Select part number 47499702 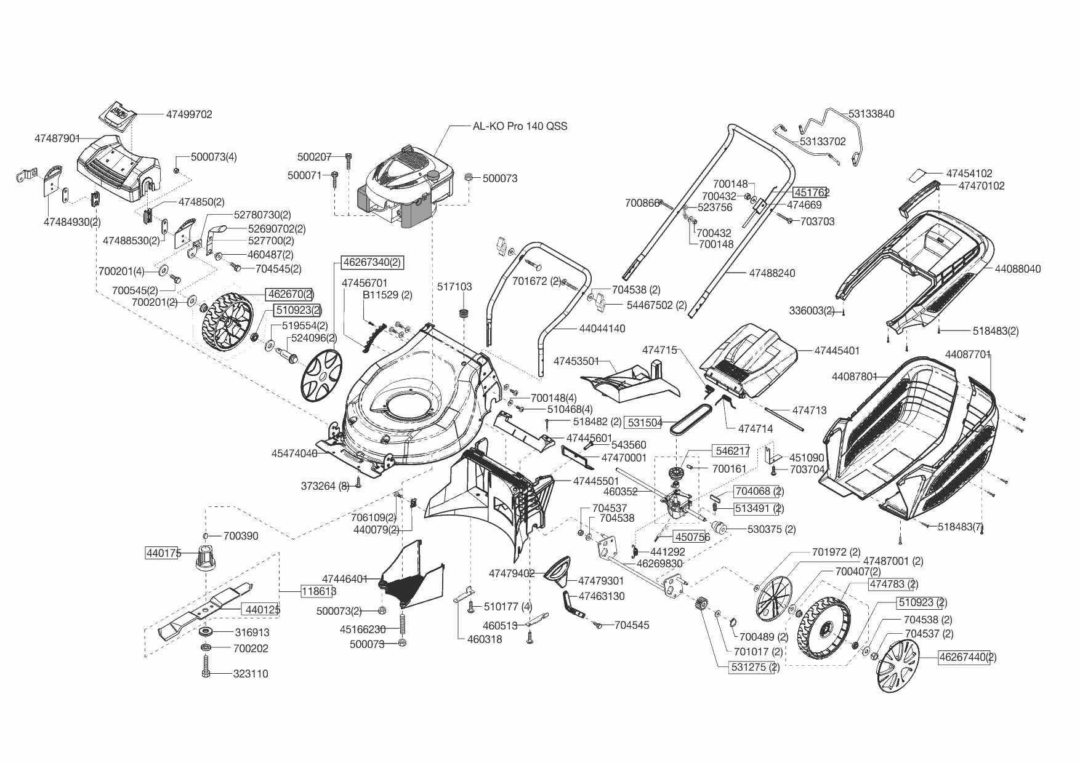coord(189,114)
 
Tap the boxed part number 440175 coord(163,553)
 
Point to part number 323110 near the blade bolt coord(251,674)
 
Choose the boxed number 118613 coord(318,592)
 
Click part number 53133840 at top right coord(871,114)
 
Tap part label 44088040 coord(1018,269)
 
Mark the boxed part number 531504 coord(644,422)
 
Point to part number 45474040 coord(294,453)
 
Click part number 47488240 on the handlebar coord(772,273)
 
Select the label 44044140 coord(602,329)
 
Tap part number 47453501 coord(576,361)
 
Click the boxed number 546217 coord(731,451)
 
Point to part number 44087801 coord(855,376)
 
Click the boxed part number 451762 coord(812,192)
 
